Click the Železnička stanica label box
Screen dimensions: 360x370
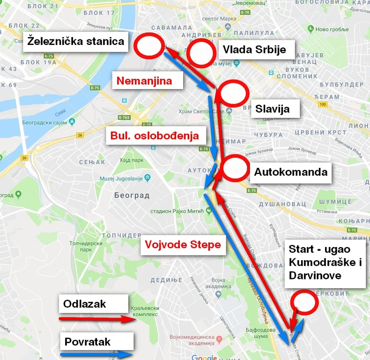tap(75, 42)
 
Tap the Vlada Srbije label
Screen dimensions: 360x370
tap(254, 50)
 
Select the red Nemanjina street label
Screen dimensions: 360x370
tap(144, 81)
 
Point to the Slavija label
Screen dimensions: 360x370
tap(272, 109)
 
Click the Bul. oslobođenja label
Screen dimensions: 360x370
tap(155, 136)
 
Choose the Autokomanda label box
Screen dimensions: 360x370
tap(290, 172)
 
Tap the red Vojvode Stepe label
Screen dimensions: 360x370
tap(182, 245)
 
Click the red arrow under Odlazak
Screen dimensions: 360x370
tap(96, 320)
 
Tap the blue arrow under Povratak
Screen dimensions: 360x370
tap(96, 355)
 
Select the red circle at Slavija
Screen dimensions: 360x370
tap(233, 93)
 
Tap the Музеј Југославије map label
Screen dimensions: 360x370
tap(121, 178)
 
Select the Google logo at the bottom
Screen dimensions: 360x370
tap(204, 357)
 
